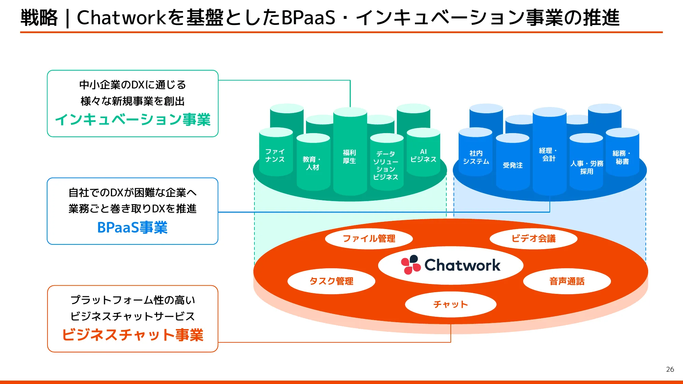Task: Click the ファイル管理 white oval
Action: (x=369, y=239)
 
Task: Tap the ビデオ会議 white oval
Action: (x=533, y=239)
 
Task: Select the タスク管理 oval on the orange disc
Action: (x=331, y=281)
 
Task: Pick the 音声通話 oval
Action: (x=567, y=281)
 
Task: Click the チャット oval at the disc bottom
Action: (x=450, y=304)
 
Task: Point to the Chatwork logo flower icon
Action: (x=410, y=265)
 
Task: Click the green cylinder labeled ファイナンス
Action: (x=275, y=156)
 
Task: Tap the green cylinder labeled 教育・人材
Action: (x=313, y=163)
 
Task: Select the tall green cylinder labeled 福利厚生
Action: (x=350, y=157)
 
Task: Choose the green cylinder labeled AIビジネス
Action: (x=423, y=156)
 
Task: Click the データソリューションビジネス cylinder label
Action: (x=386, y=166)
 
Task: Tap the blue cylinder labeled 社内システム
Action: (x=476, y=157)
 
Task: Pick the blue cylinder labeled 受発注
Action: (x=513, y=165)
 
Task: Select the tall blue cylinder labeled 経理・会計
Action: (x=549, y=155)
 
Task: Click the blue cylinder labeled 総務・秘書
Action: (x=622, y=157)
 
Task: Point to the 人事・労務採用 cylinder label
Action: (x=586, y=168)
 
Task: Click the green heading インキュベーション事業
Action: (x=133, y=120)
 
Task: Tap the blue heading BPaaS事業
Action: (x=133, y=228)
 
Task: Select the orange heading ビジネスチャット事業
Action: (x=133, y=335)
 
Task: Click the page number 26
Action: (x=670, y=369)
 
